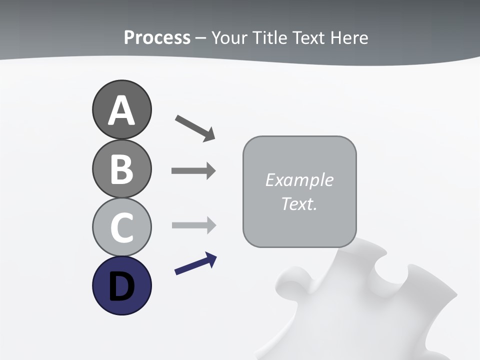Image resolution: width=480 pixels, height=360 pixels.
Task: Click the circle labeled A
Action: pyautogui.click(x=121, y=109)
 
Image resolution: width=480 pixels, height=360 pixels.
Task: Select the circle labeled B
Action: pyautogui.click(x=121, y=168)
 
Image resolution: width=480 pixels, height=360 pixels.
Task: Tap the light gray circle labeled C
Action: pyautogui.click(x=121, y=227)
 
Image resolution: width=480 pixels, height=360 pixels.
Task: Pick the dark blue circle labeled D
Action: pyautogui.click(x=121, y=285)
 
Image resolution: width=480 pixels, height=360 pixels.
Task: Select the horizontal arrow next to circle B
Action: pyautogui.click(x=193, y=171)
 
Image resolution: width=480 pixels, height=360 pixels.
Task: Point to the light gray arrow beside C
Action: pyautogui.click(x=193, y=225)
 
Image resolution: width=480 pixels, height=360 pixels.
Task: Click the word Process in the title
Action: pyautogui.click(x=157, y=38)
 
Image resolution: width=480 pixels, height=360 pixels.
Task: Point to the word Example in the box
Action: pyautogui.click(x=299, y=180)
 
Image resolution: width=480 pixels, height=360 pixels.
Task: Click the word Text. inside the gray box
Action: pyautogui.click(x=299, y=204)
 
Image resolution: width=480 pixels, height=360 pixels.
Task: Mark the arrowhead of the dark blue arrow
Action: pyautogui.click(x=212, y=259)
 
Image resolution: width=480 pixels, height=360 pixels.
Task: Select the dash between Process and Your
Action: pyautogui.click(x=200, y=38)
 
